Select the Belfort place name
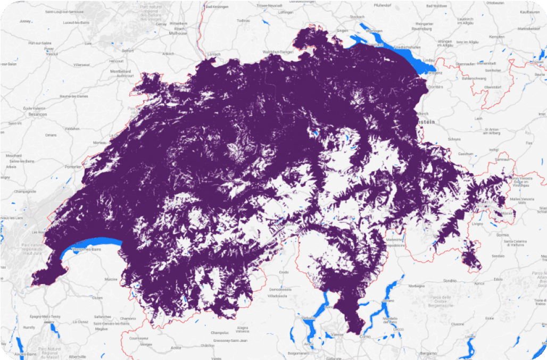[128, 51]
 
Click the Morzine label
[111, 279]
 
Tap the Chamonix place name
[128, 318]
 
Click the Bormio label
[503, 235]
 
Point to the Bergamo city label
[428, 353]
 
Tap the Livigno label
[477, 223]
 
